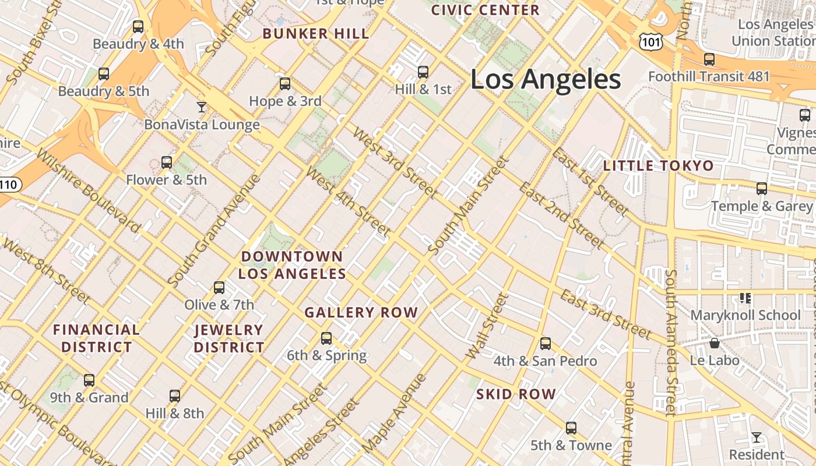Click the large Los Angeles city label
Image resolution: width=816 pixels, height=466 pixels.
coord(546,79)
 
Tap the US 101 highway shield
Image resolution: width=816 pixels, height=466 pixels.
coord(649,40)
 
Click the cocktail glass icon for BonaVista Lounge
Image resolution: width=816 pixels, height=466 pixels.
coord(202,107)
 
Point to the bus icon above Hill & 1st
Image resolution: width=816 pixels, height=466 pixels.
coord(423,72)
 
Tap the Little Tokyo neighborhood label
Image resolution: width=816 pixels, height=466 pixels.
coord(658,166)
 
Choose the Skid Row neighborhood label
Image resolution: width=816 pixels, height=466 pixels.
coord(516,394)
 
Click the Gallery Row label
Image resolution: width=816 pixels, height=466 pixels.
coord(361,313)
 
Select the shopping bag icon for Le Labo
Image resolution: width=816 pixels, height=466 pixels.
coord(715,343)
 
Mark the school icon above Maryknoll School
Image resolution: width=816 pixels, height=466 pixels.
coord(745,298)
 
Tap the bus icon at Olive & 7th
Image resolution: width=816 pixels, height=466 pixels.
coord(219,287)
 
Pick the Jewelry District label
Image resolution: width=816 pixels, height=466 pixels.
coord(229,338)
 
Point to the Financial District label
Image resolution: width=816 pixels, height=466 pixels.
coord(97,338)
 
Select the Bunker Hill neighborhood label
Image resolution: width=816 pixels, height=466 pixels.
coord(316,34)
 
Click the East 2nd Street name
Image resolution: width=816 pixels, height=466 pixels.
coord(561,215)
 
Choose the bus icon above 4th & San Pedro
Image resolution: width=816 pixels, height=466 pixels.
coord(546,344)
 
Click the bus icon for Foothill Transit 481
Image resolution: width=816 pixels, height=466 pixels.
coord(709,59)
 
